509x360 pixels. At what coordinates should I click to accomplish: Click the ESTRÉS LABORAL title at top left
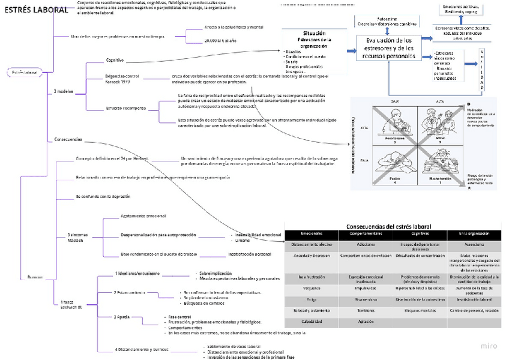[28, 10]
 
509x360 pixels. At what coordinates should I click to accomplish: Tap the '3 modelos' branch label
[64, 91]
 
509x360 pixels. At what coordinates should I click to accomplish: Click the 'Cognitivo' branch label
[115, 60]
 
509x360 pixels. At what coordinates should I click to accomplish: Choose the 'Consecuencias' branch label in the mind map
[68, 140]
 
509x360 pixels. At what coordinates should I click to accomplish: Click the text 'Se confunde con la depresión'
[103, 196]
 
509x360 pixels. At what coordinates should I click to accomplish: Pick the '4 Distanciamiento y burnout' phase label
[142, 349]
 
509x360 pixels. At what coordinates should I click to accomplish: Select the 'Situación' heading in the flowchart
[315, 34]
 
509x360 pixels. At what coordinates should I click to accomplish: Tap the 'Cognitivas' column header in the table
[420, 233]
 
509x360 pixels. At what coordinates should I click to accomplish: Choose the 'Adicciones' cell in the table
[366, 245]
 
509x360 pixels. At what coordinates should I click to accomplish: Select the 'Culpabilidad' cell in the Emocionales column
[312, 322]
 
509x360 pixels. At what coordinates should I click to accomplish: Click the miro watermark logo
[489, 346]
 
